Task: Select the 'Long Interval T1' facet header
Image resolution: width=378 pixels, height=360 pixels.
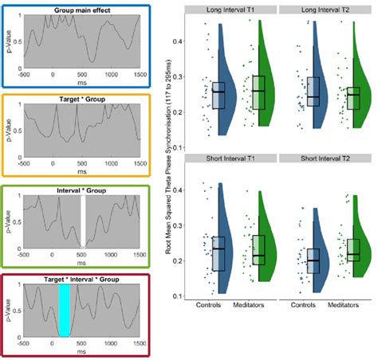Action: [230, 9]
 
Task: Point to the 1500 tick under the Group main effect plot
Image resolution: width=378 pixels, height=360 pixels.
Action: [139, 76]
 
